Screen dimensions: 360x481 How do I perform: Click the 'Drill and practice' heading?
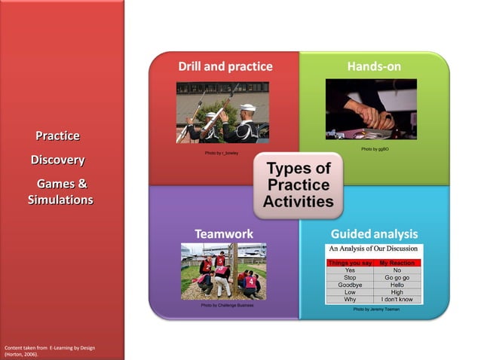(x=225, y=66)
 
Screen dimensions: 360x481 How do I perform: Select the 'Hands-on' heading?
(x=374, y=66)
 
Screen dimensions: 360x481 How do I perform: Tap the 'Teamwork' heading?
(x=224, y=233)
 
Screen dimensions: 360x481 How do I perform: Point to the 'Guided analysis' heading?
(x=374, y=233)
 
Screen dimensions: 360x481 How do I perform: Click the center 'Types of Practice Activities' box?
(x=298, y=185)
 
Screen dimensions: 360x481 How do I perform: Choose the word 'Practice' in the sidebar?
(x=57, y=136)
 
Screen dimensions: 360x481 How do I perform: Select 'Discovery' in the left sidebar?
(x=57, y=160)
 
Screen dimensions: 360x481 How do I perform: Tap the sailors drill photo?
(x=222, y=112)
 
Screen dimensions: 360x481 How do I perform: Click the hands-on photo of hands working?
(x=371, y=109)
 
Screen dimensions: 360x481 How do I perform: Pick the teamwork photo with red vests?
(x=223, y=271)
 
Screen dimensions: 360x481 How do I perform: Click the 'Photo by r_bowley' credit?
(x=221, y=153)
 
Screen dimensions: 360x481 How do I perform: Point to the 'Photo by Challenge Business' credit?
(x=227, y=306)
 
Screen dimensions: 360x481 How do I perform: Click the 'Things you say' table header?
(x=350, y=262)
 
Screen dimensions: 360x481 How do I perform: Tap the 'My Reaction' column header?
(x=397, y=262)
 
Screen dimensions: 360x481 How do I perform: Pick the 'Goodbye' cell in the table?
(x=350, y=285)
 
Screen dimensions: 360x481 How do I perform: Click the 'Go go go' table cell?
(x=397, y=277)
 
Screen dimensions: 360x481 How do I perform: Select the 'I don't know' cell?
(x=397, y=300)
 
